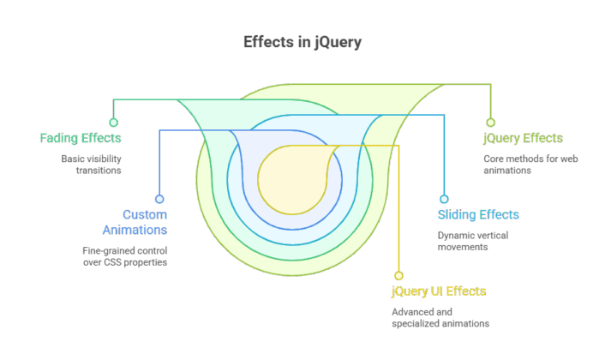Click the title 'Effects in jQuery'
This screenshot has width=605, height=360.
coord(302,43)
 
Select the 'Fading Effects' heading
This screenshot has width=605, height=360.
coord(81,138)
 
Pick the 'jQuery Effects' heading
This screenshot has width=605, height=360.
coord(523,138)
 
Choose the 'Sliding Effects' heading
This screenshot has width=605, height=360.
coord(478,214)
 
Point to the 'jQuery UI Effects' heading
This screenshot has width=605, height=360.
coord(439,291)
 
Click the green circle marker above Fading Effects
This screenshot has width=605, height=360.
coord(113,123)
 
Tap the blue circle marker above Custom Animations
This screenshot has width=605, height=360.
coord(159,199)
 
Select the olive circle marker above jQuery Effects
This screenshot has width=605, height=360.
coord(491,123)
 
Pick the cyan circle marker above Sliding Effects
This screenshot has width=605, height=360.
coord(444,199)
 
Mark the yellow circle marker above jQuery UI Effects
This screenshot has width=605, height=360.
coord(398,275)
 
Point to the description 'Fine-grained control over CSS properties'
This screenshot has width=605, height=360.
coord(119,256)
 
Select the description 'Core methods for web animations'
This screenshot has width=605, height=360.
coord(519,164)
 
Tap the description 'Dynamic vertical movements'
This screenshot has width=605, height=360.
coord(473,241)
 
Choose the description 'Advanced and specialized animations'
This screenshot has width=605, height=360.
coord(440,318)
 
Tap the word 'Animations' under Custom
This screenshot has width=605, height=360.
coord(135,230)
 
